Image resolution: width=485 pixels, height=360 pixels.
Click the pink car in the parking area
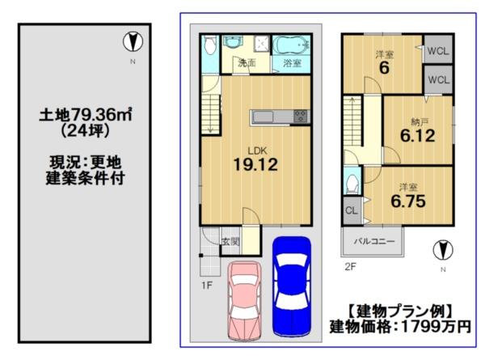pyautogui.click(x=244, y=301)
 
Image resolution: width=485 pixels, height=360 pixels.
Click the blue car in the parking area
pyautogui.click(x=291, y=286)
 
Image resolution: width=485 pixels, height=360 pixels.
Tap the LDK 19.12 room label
pyautogui.click(x=255, y=159)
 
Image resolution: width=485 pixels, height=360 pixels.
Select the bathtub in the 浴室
pyautogui.click(x=291, y=45)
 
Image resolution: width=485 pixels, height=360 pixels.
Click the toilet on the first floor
pyautogui.click(x=210, y=45)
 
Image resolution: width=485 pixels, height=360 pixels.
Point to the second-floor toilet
pyautogui.click(x=352, y=184)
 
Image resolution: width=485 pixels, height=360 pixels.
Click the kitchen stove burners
pyautogui.click(x=300, y=117)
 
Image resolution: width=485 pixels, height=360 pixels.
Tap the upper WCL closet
pyautogui.click(x=438, y=49)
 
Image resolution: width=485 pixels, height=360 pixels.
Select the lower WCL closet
pyautogui.click(x=438, y=79)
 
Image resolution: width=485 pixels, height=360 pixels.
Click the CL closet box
pyautogui.click(x=352, y=211)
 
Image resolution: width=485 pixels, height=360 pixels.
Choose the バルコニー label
pyautogui.click(x=374, y=241)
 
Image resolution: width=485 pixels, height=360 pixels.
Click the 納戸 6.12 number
pyautogui.click(x=418, y=136)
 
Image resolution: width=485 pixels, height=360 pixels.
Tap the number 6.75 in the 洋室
pyautogui.click(x=408, y=201)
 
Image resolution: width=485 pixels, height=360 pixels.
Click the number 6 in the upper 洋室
pyautogui.click(x=384, y=68)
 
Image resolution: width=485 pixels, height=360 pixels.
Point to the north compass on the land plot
pyautogui.click(x=133, y=42)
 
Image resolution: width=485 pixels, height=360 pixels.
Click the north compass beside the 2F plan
pyautogui.click(x=443, y=250)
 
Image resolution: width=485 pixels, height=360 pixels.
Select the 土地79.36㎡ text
pyautogui.click(x=86, y=115)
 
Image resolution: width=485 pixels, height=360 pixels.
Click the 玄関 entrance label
pyautogui.click(x=230, y=241)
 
